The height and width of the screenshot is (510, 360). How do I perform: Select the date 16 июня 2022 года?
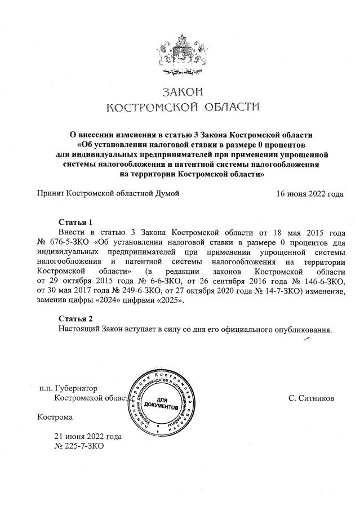click(309, 194)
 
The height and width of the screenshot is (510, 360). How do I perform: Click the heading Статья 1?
click(75, 221)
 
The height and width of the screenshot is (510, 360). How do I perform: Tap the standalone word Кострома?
click(55, 418)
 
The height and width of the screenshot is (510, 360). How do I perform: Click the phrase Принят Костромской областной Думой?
click(108, 194)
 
